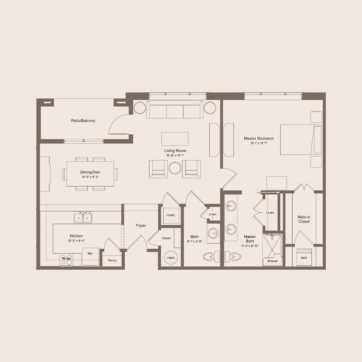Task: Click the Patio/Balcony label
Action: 83,121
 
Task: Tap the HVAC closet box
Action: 171,215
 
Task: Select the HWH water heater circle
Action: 171,258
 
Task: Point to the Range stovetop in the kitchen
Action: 66,260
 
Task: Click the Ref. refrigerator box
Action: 90,256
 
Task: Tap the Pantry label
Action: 112,261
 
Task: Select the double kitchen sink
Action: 83,218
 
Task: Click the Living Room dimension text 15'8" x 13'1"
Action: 175,156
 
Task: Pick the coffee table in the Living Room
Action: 175,139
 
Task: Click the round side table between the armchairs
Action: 175,168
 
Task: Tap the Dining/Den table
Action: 90,174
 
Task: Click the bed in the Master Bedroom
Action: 301,140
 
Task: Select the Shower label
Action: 272,261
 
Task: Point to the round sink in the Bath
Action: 213,233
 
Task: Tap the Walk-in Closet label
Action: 304,219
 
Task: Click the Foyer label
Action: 141,226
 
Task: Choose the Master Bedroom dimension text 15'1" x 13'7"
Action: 259,143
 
